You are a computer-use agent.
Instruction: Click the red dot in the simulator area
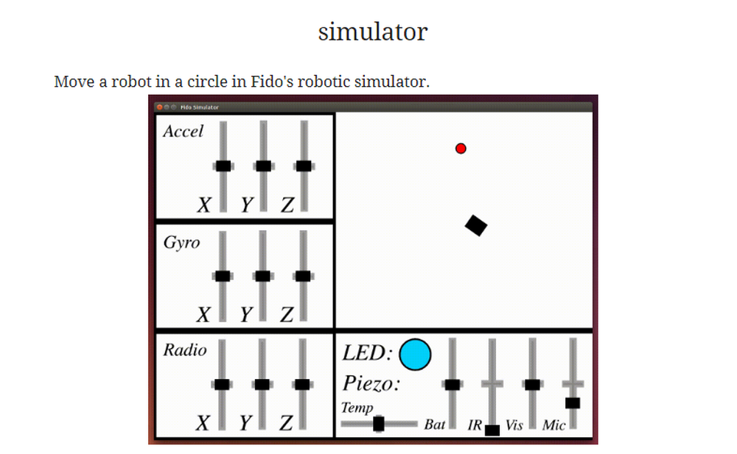pos(461,149)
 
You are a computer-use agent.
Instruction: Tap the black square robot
pos(477,225)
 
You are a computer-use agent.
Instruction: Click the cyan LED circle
pos(415,355)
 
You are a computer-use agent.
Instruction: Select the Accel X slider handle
pos(223,166)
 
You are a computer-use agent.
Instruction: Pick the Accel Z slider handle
pos(303,166)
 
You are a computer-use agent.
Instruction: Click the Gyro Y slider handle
pos(262,276)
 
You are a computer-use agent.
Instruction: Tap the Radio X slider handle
pos(222,384)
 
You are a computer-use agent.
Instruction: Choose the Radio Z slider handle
pos(301,384)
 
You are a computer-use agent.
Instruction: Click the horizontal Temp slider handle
pos(379,424)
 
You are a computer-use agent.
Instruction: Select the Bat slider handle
pos(453,384)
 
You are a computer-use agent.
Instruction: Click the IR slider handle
pos(492,430)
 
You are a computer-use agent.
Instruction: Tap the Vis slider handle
pos(532,384)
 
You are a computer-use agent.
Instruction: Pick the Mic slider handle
pos(573,402)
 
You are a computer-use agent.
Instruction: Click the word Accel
pos(183,132)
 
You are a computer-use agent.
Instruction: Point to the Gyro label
pos(181,243)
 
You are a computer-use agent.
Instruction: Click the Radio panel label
pos(185,350)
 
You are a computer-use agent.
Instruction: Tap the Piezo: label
pos(371,384)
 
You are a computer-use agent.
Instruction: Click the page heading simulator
pos(373,32)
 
